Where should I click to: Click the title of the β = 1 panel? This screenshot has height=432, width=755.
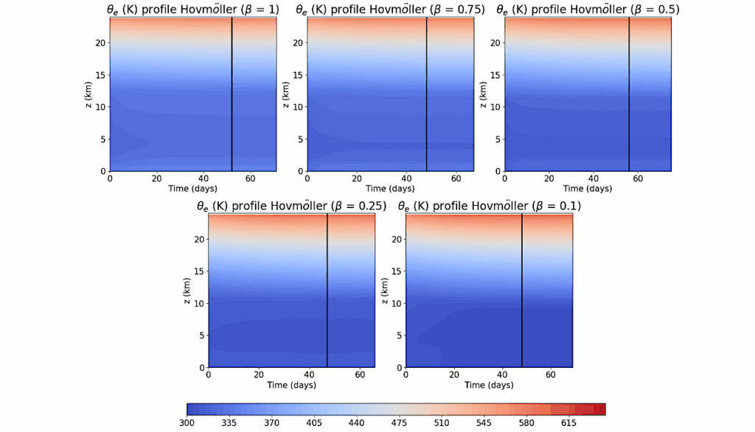pyautogui.click(x=193, y=10)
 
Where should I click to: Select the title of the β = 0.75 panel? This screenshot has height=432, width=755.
pyautogui.click(x=390, y=10)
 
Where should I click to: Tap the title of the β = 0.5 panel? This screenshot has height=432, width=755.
pyautogui.click(x=588, y=10)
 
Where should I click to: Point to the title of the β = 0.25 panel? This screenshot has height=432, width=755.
pyautogui.click(x=291, y=206)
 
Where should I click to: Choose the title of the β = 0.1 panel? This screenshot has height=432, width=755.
pyautogui.click(x=489, y=206)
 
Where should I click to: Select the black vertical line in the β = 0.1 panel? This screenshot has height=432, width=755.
pyautogui.click(x=522, y=290)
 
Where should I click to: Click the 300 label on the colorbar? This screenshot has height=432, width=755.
pyautogui.click(x=187, y=424)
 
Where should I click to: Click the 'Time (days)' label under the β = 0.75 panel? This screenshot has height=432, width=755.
pyautogui.click(x=391, y=189)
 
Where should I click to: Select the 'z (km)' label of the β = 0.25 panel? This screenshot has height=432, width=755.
pyautogui.click(x=187, y=290)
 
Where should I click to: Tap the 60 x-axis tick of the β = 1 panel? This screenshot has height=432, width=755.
pyautogui.click(x=250, y=178)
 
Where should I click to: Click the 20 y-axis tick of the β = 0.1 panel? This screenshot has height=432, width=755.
pyautogui.click(x=397, y=240)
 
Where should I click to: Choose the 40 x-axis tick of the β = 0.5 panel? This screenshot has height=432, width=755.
pyautogui.click(x=594, y=178)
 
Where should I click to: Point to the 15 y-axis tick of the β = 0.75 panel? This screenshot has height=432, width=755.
pyautogui.click(x=297, y=74)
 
